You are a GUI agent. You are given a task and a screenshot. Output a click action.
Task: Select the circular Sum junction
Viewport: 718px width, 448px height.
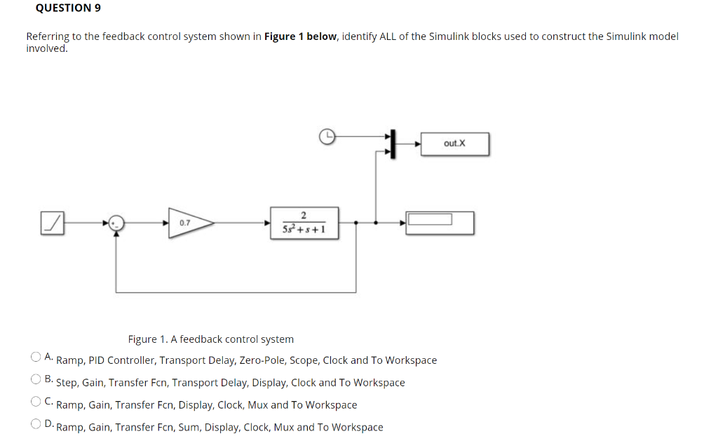117,222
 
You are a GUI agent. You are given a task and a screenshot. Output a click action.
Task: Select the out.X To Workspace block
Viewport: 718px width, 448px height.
454,144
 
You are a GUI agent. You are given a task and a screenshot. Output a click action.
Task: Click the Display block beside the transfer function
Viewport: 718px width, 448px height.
440,222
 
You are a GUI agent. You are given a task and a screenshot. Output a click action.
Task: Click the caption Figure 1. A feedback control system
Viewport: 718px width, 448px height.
210,339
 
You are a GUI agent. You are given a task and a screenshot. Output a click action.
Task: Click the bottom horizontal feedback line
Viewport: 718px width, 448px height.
238,291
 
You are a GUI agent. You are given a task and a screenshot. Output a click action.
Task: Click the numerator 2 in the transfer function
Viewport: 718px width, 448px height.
303,215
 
